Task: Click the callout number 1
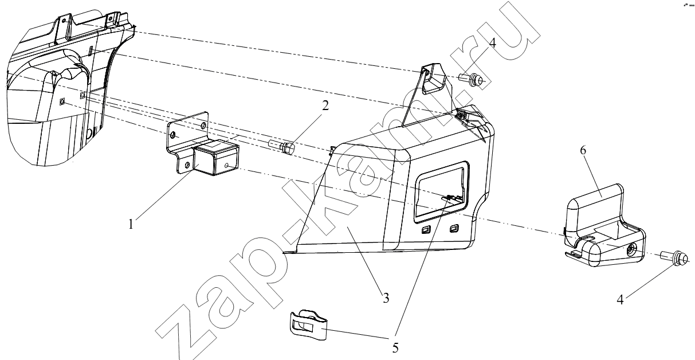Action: pos(131,224)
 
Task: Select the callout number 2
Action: pos(325,106)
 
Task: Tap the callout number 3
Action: pos(386,298)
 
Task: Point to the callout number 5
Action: pos(395,348)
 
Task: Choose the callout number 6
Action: pos(583,150)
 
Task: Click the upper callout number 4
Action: pos(492,43)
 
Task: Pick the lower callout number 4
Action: pos(620,300)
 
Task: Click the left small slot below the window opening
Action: pos(425,230)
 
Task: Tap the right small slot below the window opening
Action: pos(454,229)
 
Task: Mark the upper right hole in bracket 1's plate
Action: pos(203,126)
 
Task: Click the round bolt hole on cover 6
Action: pos(630,249)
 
